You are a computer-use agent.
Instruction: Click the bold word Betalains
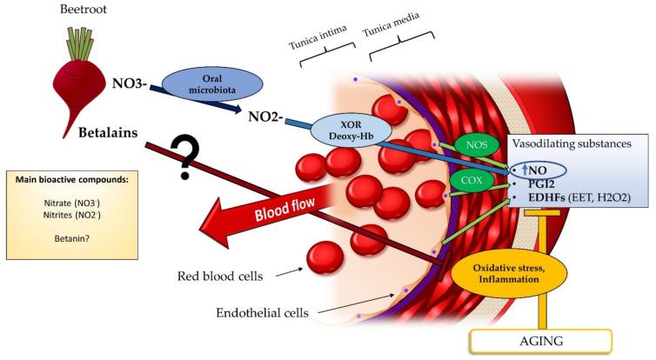pos(98,136)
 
